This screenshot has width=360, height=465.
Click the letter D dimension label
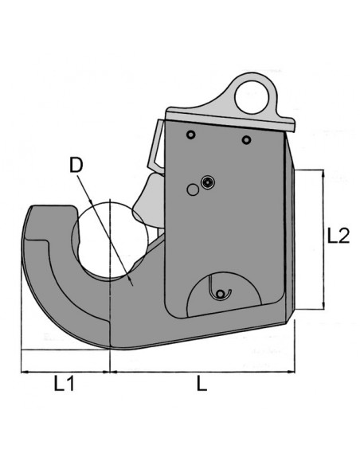76,166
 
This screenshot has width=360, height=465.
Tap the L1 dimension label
65,384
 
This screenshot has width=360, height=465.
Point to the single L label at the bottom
202,384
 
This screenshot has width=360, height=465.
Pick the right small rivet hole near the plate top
247,141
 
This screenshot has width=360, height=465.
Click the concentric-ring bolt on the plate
208,182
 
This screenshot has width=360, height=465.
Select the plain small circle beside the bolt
191,189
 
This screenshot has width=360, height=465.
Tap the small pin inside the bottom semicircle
221,294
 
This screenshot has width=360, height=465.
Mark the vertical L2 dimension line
323,239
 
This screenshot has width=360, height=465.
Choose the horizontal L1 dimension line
65,370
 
